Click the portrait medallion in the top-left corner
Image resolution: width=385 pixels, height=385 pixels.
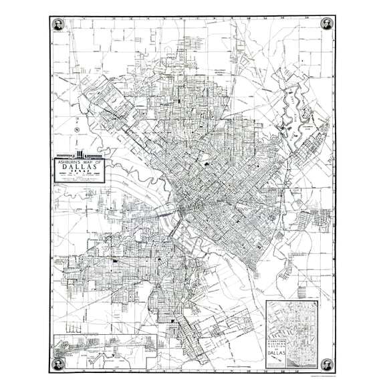click(x=57, y=24)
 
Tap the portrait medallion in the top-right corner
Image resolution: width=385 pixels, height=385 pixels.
click(x=327, y=24)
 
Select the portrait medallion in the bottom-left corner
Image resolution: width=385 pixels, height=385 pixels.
click(x=57, y=364)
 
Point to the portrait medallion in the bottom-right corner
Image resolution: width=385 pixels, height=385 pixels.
click(x=327, y=364)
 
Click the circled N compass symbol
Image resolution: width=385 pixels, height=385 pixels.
click(x=77, y=128)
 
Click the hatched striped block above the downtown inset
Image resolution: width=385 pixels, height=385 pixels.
click(x=301, y=291)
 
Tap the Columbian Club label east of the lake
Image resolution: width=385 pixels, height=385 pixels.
click(x=308, y=124)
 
